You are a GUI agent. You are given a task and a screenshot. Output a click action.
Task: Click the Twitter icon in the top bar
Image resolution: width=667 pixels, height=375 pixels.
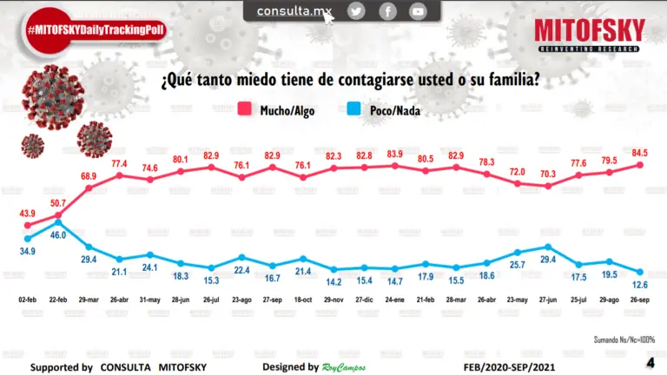pos(356,11)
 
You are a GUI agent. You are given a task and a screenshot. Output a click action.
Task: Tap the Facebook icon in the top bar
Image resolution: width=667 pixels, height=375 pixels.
pos(387,11)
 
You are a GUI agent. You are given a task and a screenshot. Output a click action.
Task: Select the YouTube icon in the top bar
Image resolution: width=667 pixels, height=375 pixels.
pos(419,11)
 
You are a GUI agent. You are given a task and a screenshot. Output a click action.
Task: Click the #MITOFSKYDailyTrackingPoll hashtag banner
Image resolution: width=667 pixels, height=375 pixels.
pos(96,30)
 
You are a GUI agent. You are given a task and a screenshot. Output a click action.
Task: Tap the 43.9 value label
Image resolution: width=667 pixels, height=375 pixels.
pos(29,214)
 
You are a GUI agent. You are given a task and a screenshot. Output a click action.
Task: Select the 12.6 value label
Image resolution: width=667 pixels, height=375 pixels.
pos(643,284)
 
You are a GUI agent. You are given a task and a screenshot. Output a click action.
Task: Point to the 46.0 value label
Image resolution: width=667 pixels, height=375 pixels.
pos(59,235)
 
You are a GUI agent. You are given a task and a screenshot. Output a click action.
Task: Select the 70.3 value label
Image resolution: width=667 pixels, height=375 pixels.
pos(549,174)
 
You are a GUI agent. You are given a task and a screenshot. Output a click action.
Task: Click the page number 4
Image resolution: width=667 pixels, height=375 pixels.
pos(650,362)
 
